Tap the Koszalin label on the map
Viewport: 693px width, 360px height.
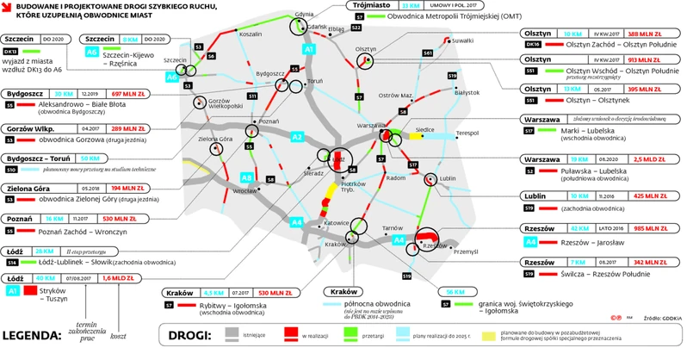[x=250, y=34]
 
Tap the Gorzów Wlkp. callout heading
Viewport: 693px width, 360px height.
[x=32, y=127]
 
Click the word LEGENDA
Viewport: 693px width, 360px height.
[x=33, y=335]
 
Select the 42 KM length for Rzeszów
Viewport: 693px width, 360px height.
[x=566, y=229]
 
